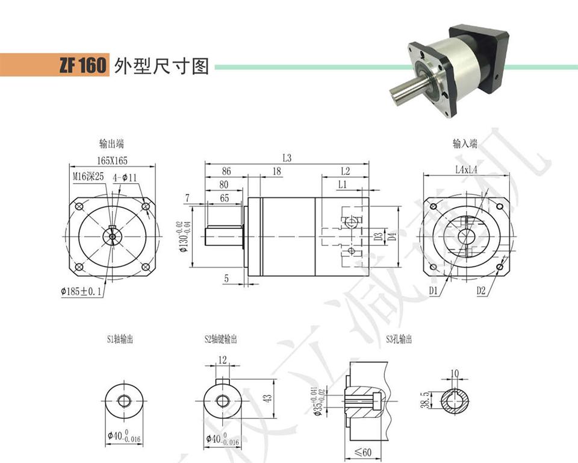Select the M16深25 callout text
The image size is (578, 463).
(x=89, y=177)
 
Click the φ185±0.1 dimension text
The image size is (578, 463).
(x=81, y=292)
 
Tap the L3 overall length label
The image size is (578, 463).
(x=287, y=158)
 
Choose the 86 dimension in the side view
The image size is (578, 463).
(x=226, y=171)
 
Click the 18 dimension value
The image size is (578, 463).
(x=276, y=171)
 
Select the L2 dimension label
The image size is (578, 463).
(x=345, y=171)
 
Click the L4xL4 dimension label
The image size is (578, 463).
(x=467, y=171)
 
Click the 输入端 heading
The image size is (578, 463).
(x=465, y=144)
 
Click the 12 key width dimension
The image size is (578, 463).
(x=222, y=360)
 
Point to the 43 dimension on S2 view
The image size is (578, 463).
(x=269, y=398)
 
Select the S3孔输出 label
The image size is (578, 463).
(x=399, y=340)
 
